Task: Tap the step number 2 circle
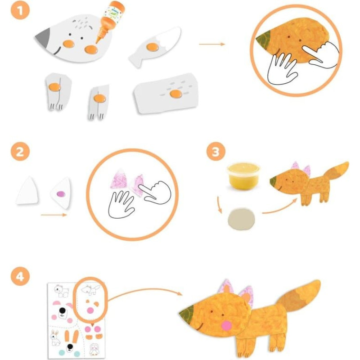click(x=20, y=152)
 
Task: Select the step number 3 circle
click(x=216, y=152)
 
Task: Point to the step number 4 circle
click(x=20, y=276)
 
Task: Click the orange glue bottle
click(x=111, y=21)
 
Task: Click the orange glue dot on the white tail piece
click(x=153, y=47)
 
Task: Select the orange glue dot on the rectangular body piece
click(x=176, y=94)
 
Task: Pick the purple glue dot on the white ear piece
click(x=61, y=194)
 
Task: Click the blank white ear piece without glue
click(x=27, y=190)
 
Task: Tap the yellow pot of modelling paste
click(x=243, y=175)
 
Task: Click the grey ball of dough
click(x=241, y=219)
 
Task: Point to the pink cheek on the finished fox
click(x=226, y=326)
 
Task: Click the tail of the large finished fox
click(x=298, y=296)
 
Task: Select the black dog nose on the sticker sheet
click(x=63, y=311)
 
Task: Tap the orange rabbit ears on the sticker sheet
click(x=71, y=336)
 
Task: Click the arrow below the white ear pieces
click(x=54, y=215)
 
